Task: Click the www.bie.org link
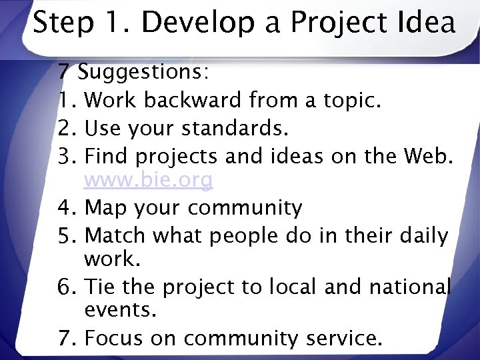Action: point(149,180)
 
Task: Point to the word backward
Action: point(193,100)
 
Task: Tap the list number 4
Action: point(67,208)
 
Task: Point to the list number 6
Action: point(67,287)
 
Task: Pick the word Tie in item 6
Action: point(100,287)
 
